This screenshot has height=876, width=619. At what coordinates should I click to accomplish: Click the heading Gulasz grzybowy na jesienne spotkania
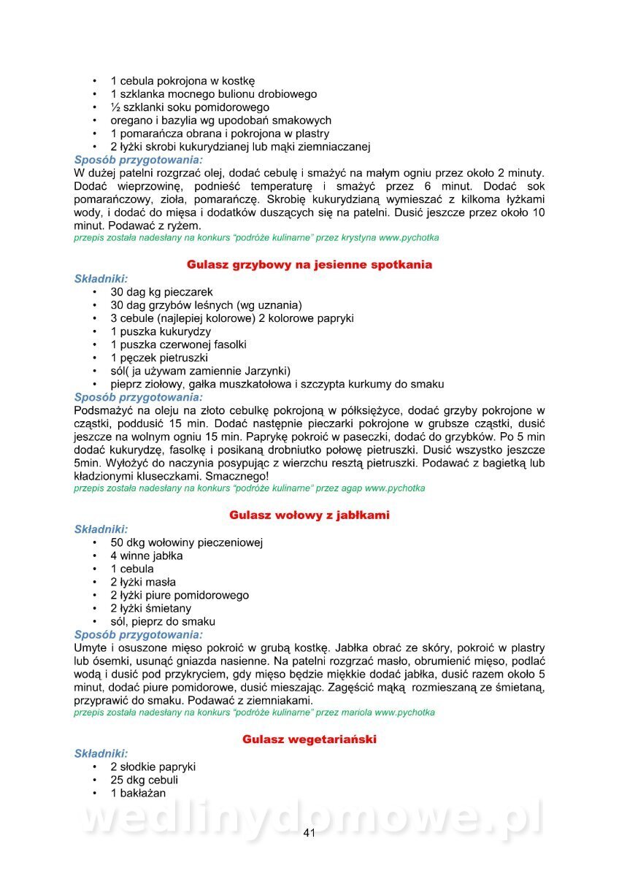309,264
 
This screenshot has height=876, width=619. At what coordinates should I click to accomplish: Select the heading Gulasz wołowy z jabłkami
309,515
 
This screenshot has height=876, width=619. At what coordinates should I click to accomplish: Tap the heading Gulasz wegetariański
309,739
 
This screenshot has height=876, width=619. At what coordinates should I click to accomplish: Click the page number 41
309,834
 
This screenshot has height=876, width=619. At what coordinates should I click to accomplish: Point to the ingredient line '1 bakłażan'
138,794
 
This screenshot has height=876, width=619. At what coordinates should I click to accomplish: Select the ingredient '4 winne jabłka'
147,556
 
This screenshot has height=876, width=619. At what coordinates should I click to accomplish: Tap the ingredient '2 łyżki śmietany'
151,608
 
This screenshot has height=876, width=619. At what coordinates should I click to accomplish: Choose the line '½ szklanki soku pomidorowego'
190,107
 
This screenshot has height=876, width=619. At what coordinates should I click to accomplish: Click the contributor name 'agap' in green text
349,488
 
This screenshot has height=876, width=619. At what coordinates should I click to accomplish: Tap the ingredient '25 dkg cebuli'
145,780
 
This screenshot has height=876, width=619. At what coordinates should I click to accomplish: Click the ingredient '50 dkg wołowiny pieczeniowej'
187,542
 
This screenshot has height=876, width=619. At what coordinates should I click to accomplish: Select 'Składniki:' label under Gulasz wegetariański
101,753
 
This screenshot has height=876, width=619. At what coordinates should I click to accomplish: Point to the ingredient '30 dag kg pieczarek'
162,291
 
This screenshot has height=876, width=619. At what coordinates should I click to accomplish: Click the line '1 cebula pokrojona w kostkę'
182,81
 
